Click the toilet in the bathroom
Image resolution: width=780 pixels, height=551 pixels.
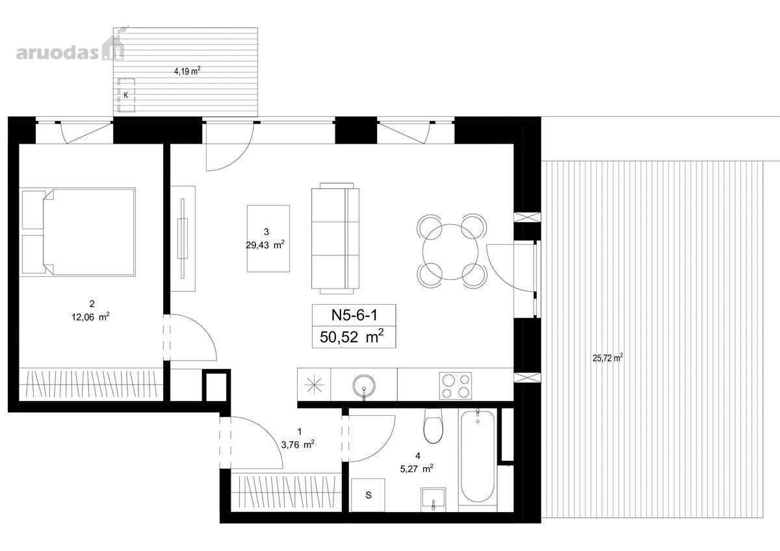(x=433, y=426)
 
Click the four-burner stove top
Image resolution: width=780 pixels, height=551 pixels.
(x=456, y=386)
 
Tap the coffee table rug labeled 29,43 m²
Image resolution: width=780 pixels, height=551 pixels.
(x=268, y=238)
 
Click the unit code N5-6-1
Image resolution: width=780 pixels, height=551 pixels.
(x=354, y=315)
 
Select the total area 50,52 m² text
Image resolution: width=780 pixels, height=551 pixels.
(x=352, y=337)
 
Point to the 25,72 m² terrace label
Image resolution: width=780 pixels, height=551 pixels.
(x=608, y=358)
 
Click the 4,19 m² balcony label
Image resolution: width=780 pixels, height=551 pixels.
(x=187, y=71)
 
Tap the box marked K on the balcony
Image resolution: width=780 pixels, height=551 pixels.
(x=126, y=95)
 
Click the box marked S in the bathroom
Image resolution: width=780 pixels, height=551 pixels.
(x=368, y=495)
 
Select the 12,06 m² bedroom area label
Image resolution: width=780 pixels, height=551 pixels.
(x=90, y=317)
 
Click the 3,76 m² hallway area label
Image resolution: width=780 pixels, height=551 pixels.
(x=298, y=444)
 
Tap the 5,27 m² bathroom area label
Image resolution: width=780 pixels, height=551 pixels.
(x=417, y=469)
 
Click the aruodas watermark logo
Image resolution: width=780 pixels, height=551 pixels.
(x=70, y=49)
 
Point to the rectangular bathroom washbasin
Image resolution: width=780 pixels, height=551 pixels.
(x=433, y=500)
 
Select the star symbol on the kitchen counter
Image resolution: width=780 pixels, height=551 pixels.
(x=314, y=385)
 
